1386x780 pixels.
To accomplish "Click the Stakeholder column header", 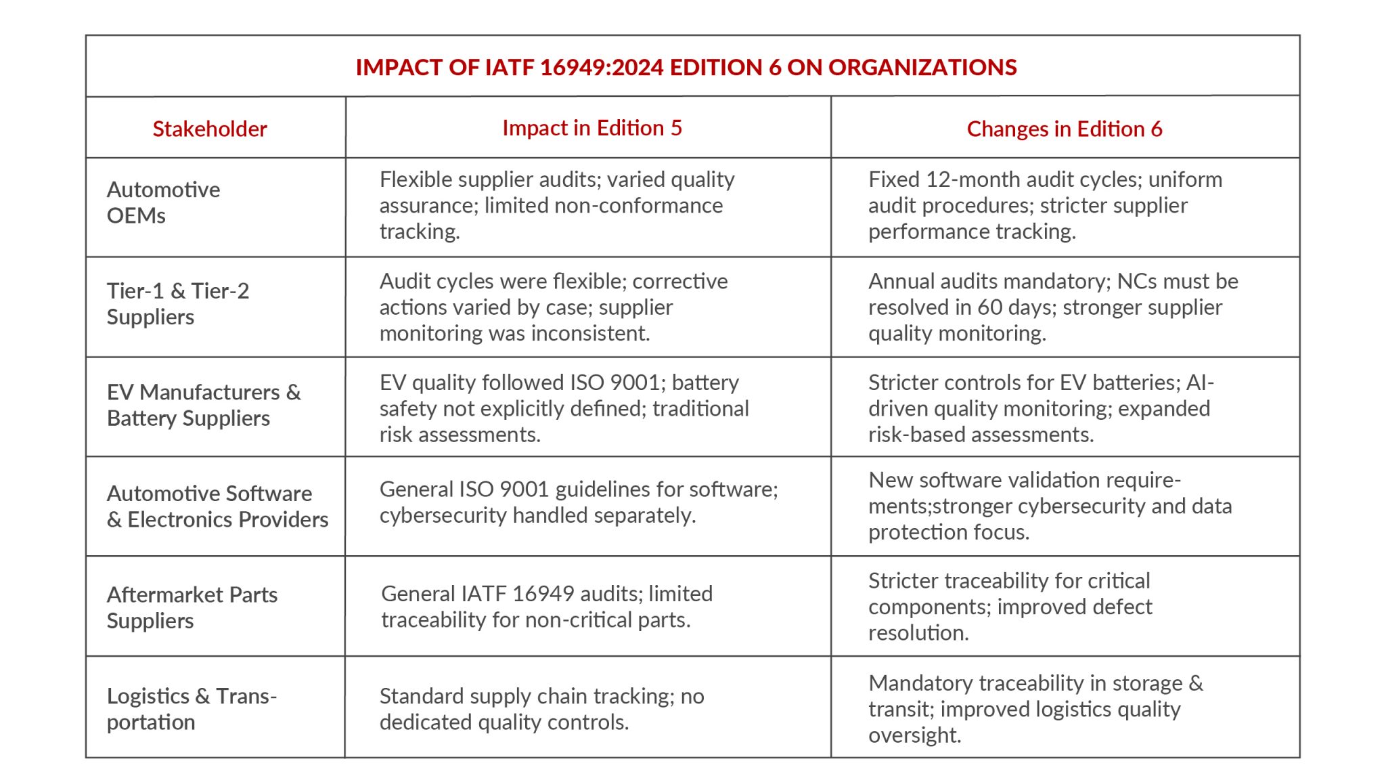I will (x=210, y=129).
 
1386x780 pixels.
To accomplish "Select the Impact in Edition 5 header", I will (x=592, y=128).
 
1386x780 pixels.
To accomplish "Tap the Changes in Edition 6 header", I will (x=1064, y=129).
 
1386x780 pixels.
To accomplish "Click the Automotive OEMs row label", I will (x=163, y=202).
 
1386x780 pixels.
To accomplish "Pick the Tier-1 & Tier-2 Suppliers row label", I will (x=178, y=304).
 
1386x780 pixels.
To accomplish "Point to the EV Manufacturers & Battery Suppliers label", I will (x=203, y=405).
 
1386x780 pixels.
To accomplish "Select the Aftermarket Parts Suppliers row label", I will (x=192, y=607).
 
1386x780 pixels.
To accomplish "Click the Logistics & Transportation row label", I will (x=192, y=709).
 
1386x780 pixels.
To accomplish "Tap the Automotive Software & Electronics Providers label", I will (x=217, y=506).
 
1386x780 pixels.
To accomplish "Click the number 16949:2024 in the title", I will (x=602, y=67).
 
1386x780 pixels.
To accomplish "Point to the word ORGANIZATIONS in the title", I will (x=922, y=67).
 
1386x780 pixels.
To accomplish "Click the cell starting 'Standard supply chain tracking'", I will (x=541, y=709).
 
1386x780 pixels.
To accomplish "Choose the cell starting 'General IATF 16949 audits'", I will (x=547, y=607).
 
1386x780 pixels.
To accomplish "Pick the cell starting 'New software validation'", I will (x=1050, y=506).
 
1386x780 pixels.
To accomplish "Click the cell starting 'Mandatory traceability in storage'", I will (x=1035, y=709).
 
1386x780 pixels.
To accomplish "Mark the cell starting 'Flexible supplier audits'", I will (x=557, y=205).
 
